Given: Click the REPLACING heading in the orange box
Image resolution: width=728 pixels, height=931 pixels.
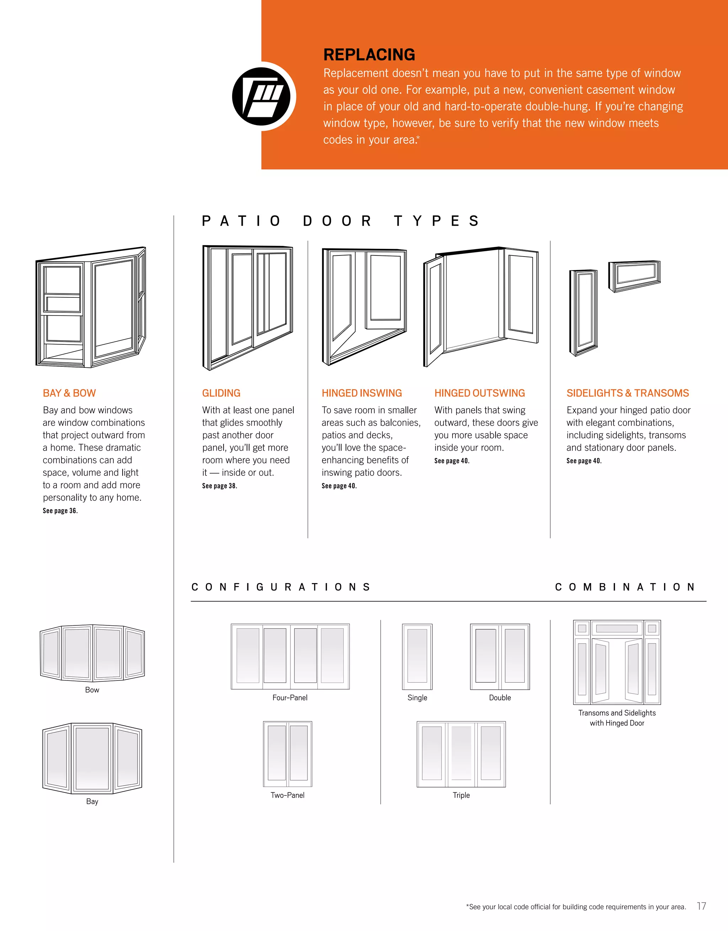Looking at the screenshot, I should coord(369,55).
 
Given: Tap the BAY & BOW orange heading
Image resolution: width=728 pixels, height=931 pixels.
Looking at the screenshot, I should coord(69,393).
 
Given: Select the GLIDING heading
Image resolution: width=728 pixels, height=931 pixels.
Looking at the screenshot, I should coord(221,393).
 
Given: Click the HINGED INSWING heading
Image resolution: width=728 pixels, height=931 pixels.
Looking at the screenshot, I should coord(362,393).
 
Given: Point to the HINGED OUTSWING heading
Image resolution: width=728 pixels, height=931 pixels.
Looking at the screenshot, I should coord(480,393).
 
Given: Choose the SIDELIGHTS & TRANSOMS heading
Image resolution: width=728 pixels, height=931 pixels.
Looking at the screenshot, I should coord(627,393).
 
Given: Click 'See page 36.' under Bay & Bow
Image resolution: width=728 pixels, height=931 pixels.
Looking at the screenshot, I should coord(60,511).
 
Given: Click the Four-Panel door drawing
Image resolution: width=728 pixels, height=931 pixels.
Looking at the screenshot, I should coord(290,656).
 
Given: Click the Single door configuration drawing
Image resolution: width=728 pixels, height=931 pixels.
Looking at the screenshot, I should coord(417,656).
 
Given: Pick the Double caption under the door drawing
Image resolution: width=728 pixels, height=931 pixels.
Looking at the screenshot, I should coord(500,698).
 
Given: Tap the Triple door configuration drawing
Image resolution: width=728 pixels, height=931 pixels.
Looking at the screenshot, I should coord(461,754).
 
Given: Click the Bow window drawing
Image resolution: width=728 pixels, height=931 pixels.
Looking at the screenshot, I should coord(92,652).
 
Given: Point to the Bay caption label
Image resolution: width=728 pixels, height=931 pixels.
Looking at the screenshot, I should coord(92,801).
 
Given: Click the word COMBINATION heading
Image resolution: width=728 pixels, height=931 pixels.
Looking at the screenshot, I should coord(625,587).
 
